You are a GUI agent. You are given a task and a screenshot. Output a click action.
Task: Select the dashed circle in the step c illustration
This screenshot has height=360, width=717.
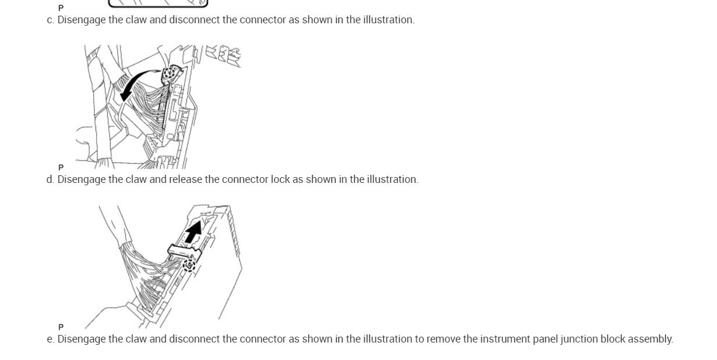(170, 74)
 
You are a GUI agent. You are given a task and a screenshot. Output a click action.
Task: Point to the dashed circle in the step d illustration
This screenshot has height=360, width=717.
(189, 266)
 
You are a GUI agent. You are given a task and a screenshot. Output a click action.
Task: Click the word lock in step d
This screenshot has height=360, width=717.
(280, 179)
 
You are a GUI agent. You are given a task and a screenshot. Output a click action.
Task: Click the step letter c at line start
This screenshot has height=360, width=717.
(50, 20)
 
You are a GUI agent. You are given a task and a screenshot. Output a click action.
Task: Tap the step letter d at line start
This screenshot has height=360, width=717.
(50, 179)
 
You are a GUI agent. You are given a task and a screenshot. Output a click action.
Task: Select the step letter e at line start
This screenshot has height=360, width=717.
(50, 339)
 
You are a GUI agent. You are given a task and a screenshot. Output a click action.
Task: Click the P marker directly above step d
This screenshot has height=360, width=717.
(61, 168)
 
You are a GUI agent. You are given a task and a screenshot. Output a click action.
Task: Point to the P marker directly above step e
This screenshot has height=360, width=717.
(61, 327)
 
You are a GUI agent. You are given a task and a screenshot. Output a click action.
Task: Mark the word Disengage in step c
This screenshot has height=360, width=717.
(81, 20)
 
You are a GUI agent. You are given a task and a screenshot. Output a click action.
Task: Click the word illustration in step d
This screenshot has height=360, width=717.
(391, 179)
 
